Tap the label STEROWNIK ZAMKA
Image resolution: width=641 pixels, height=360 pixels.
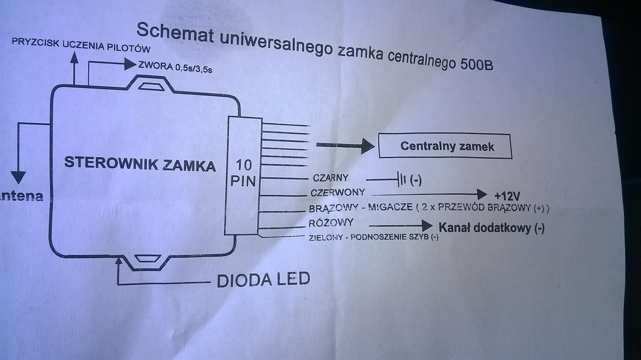coord(140,164)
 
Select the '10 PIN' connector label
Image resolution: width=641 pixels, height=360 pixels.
coord(244,173)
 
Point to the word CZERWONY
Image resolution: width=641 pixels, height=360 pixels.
coord(338,192)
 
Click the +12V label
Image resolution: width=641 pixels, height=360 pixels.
coord(506,194)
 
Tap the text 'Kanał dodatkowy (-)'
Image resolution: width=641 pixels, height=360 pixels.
coord(492,228)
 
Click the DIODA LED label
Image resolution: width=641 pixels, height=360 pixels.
coord(263,280)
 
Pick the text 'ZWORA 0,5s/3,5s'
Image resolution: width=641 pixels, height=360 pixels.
coord(176,67)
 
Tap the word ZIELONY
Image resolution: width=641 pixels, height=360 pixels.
coord(325,237)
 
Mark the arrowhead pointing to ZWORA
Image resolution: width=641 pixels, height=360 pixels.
coord(130,63)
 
